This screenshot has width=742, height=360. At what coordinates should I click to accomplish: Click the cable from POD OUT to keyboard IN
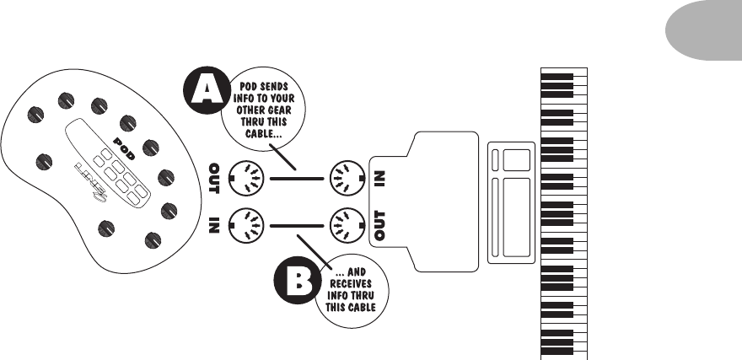point(296,179)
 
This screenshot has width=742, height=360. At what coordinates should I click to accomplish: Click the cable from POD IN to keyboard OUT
point(296,225)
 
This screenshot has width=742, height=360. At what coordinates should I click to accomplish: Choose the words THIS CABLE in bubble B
point(349,307)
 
